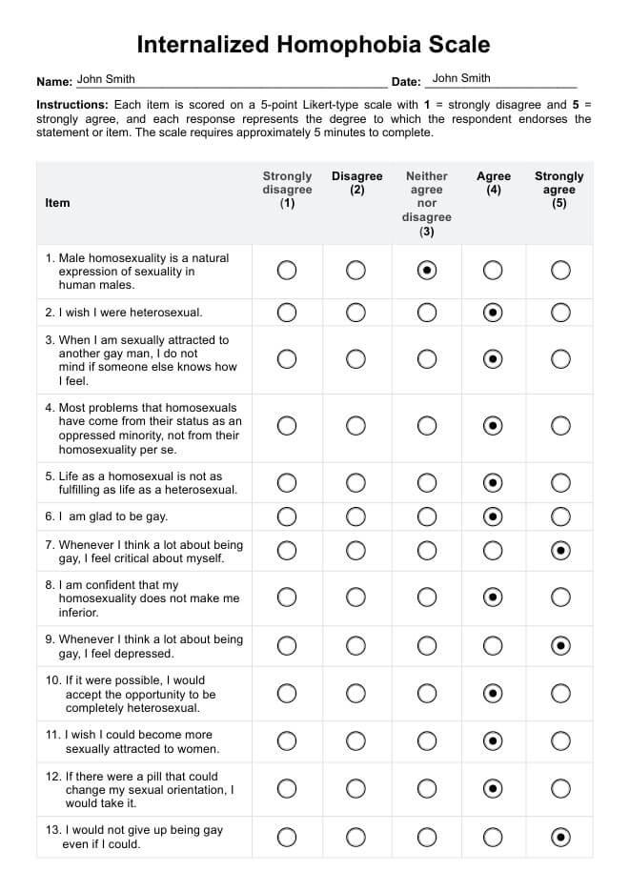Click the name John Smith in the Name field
(x=106, y=80)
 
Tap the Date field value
(x=461, y=79)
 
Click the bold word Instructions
(x=71, y=105)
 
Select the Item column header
(x=57, y=203)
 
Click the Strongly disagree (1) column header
(x=287, y=190)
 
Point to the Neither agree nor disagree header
(x=426, y=203)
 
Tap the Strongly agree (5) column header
(x=559, y=190)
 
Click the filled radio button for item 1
(x=427, y=271)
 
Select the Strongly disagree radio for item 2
(x=287, y=312)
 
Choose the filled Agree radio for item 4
(x=493, y=426)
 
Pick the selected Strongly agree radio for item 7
(x=561, y=550)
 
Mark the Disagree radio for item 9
(x=356, y=646)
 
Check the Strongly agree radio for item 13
(x=561, y=837)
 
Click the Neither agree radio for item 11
(x=427, y=740)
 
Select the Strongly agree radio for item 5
(x=561, y=483)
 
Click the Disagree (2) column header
(x=356, y=183)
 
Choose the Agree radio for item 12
(x=493, y=789)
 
